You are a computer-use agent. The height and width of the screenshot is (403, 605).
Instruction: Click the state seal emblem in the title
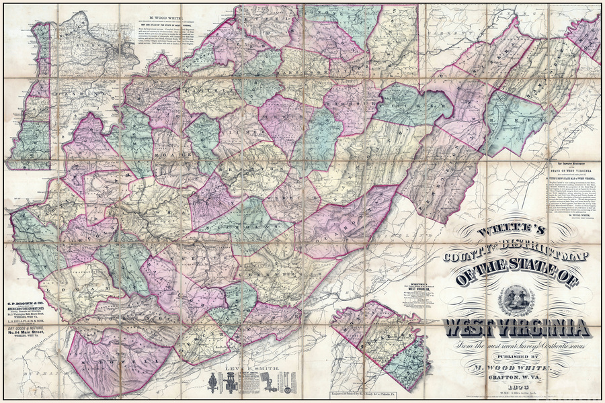coord(516,301)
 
